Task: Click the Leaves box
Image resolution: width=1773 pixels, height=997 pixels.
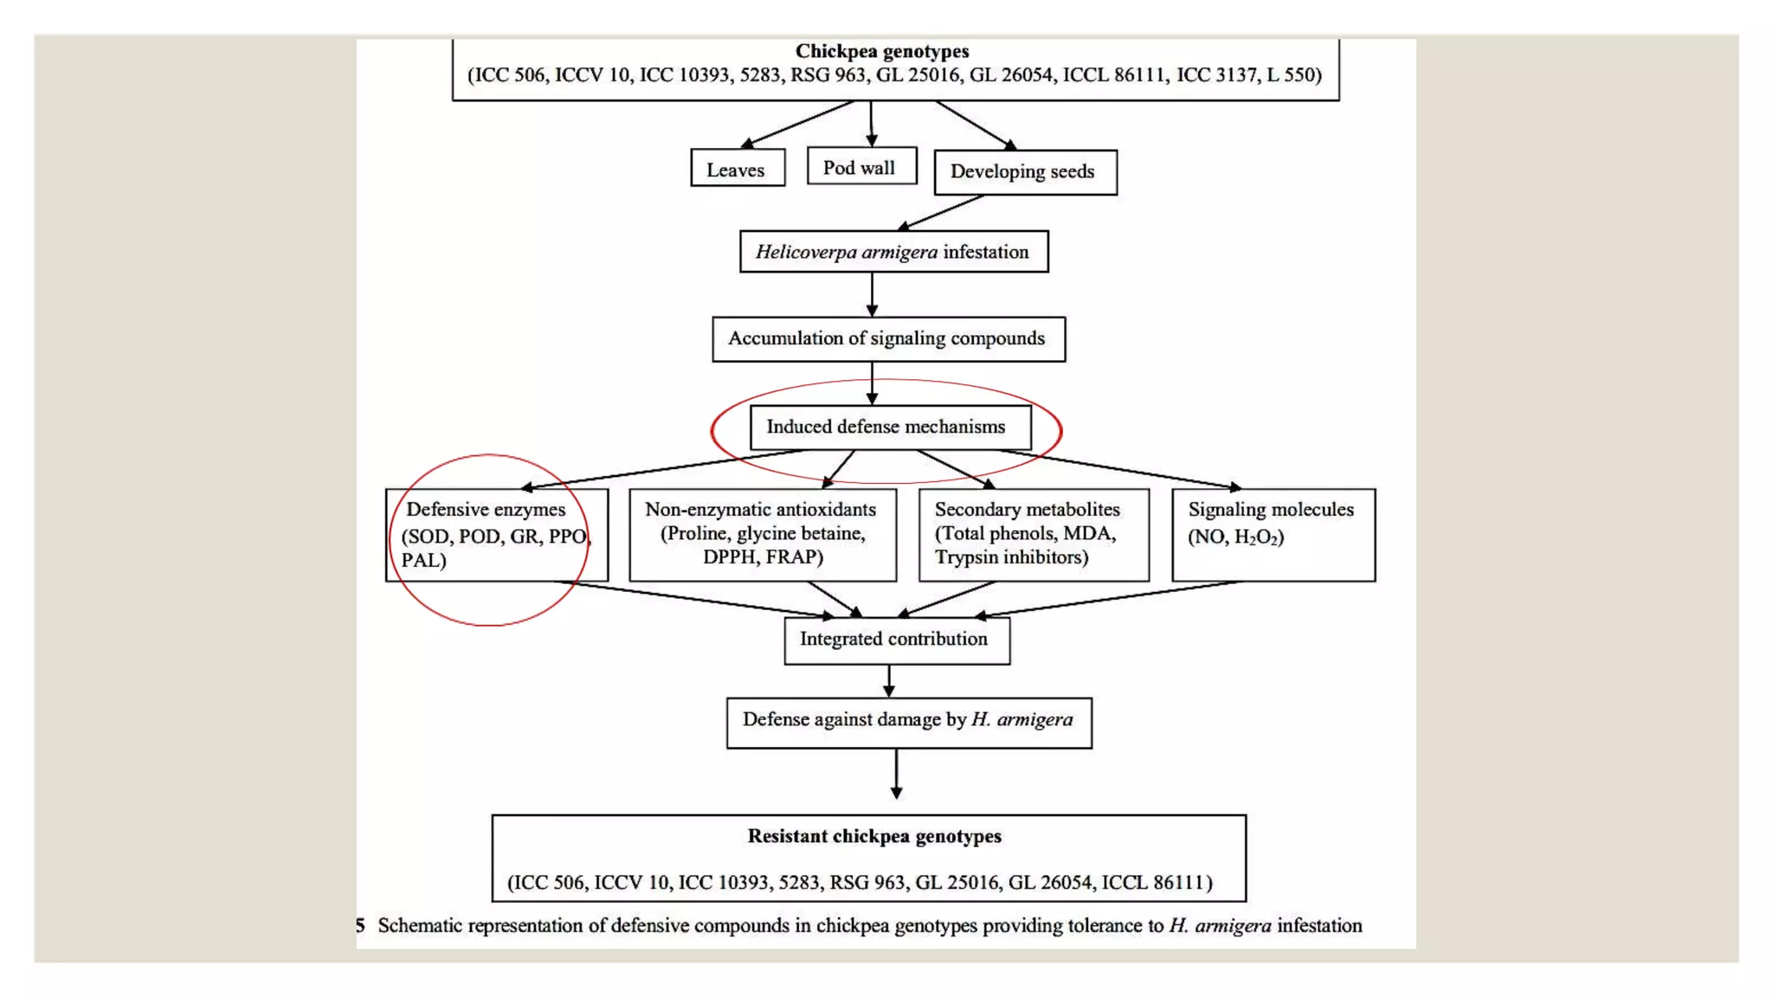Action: click(x=737, y=169)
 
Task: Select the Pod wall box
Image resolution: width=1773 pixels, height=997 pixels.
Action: click(x=861, y=167)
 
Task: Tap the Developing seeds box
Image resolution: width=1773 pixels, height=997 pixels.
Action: click(x=1024, y=171)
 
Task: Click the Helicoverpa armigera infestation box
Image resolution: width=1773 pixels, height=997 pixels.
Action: click(x=893, y=252)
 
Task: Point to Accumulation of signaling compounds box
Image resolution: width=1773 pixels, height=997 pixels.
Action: click(x=887, y=338)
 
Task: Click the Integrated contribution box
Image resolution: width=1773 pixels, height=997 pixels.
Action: click(x=895, y=640)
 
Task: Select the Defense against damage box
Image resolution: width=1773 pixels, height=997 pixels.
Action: click(x=908, y=721)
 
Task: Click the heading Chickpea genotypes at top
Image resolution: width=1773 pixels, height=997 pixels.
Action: click(x=882, y=52)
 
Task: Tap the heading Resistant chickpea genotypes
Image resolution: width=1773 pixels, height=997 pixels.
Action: click(x=874, y=836)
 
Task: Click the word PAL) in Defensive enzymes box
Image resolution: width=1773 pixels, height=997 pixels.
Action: click(x=424, y=560)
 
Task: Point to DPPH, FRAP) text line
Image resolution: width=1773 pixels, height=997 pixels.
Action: click(x=763, y=557)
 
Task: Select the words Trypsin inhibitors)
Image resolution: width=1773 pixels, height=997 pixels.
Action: click(x=1011, y=557)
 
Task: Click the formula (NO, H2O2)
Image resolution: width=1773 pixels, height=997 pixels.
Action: click(x=1235, y=537)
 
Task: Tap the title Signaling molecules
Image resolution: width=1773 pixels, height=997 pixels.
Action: click(x=1271, y=510)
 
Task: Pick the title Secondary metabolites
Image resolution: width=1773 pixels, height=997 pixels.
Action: click(x=1027, y=510)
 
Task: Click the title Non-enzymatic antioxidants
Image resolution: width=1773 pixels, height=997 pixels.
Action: click(x=760, y=510)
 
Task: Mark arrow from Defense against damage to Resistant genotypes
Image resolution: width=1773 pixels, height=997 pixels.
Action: click(x=896, y=774)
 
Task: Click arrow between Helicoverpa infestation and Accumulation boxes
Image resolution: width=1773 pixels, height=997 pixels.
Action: click(x=872, y=294)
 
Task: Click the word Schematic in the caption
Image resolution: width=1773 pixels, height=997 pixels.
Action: click(x=420, y=926)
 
